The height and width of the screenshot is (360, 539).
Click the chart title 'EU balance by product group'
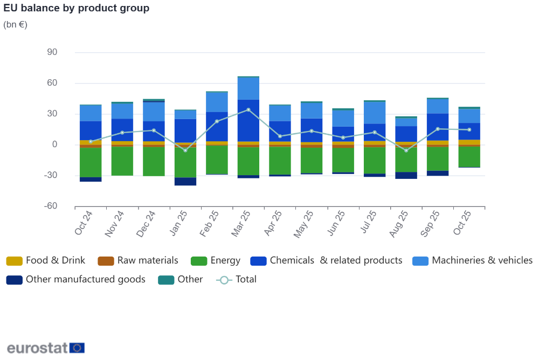click(x=77, y=8)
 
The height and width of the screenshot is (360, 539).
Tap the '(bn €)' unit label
click(x=15, y=24)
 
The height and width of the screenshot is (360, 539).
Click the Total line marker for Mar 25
click(x=248, y=110)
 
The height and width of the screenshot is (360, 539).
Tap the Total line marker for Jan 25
click(x=185, y=150)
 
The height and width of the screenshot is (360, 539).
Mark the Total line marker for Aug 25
click(x=406, y=150)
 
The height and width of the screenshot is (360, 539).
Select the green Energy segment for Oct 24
click(x=91, y=162)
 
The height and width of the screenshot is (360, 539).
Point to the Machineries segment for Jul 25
click(x=375, y=113)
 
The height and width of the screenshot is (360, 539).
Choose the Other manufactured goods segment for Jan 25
click(x=185, y=182)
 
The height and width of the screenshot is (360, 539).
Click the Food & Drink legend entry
click(x=46, y=261)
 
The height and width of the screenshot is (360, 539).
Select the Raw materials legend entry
click(x=138, y=261)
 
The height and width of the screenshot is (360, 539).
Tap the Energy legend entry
click(x=216, y=261)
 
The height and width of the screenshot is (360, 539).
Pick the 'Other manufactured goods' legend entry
click(x=76, y=280)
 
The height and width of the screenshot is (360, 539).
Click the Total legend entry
click(x=237, y=280)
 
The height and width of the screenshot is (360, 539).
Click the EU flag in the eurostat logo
click(x=77, y=348)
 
